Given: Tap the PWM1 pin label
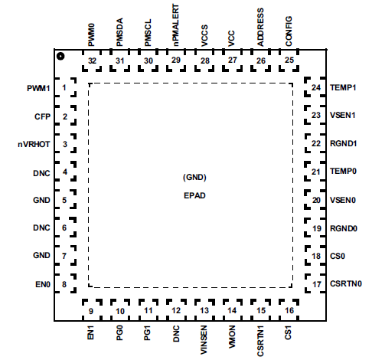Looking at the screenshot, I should pyautogui.click(x=38, y=89).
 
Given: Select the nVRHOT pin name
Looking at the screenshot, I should pyautogui.click(x=34, y=144).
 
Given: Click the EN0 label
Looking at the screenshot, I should pyautogui.click(x=42, y=284).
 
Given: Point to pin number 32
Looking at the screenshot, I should pyautogui.click(x=92, y=60).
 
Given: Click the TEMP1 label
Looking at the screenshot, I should pyautogui.click(x=344, y=89).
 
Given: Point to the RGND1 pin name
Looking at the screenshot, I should pyautogui.click(x=344, y=144).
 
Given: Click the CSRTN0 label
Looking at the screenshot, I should pyautogui.click(x=347, y=284).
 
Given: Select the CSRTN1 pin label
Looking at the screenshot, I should pyautogui.click(x=260, y=339).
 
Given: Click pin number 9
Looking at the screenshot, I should pyautogui.click(x=91, y=311).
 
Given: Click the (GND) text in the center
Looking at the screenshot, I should pyautogui.click(x=194, y=177).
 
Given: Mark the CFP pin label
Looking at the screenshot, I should pyautogui.click(x=42, y=116).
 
